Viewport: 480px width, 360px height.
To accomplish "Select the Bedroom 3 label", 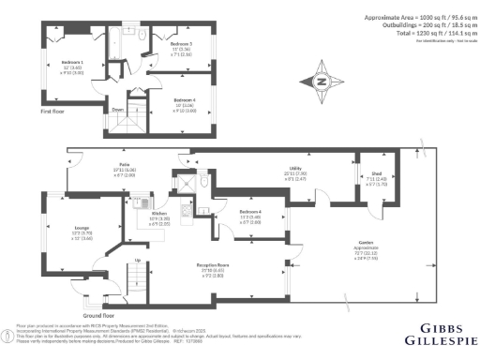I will pyautogui.click(x=181, y=44).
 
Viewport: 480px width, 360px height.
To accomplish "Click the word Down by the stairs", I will pyautogui.click(x=118, y=109).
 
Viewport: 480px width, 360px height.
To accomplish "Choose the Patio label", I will pyautogui.click(x=123, y=164).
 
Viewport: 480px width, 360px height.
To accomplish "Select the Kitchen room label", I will pyautogui.click(x=159, y=212).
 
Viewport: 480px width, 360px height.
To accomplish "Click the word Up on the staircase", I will pyautogui.click(x=138, y=260).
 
